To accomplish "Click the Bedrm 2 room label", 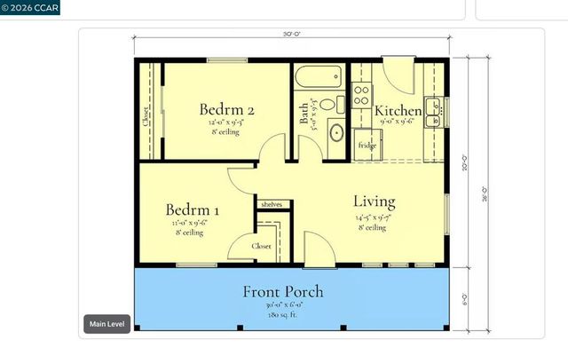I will point(227,110).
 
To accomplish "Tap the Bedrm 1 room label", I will point(193,210).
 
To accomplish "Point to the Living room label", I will point(374,201).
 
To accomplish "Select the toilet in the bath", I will point(329,105).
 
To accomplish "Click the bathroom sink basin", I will point(336,134).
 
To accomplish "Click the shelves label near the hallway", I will point(271,204).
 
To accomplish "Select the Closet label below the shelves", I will point(262,246).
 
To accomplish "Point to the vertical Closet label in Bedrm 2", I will point(146,117).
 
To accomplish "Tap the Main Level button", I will point(107,324).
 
